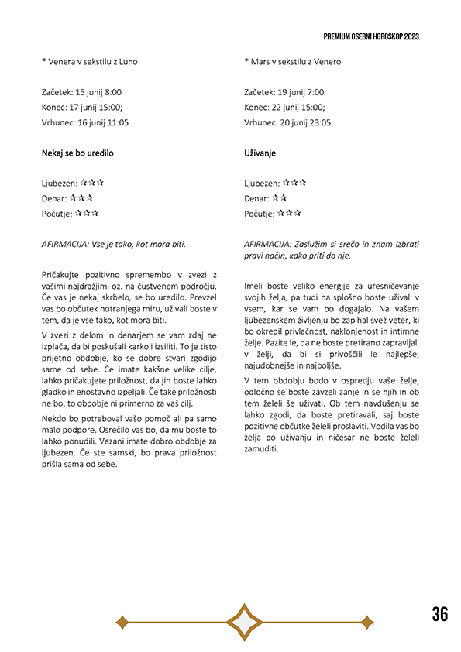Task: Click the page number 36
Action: (439, 614)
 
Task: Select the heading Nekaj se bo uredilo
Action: (77, 153)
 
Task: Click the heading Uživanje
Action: (261, 153)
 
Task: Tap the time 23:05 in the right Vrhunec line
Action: (319, 122)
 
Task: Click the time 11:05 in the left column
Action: (116, 122)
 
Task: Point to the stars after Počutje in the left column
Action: (87, 213)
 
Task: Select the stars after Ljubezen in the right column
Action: (296, 183)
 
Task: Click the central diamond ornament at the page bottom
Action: (244, 621)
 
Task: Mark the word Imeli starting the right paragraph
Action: (256, 285)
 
